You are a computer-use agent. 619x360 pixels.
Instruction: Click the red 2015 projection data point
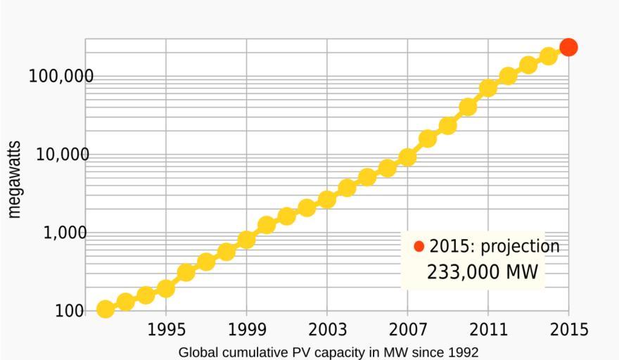click(568, 47)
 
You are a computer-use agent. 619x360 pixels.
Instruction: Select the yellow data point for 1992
click(105, 309)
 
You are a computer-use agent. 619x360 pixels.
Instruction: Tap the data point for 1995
click(165, 288)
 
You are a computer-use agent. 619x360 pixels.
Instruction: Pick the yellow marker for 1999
click(246, 240)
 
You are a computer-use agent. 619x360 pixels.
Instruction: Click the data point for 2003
click(327, 199)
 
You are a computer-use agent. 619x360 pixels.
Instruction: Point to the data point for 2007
click(407, 157)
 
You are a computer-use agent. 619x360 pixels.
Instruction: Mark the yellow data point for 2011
click(488, 88)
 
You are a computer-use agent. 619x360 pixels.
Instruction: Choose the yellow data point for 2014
click(549, 56)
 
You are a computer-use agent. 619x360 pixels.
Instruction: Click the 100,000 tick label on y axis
click(60, 76)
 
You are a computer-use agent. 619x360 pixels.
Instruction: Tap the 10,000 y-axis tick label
click(63, 155)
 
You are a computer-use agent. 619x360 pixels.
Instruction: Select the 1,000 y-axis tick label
click(65, 233)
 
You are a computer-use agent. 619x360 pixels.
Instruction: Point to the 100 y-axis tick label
click(70, 311)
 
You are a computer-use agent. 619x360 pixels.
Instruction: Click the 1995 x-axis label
click(166, 330)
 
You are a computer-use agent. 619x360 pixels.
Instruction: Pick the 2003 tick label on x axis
click(327, 330)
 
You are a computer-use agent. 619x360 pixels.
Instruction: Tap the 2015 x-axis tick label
click(568, 330)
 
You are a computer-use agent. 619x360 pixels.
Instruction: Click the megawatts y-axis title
click(14, 179)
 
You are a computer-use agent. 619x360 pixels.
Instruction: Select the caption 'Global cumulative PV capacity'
click(328, 352)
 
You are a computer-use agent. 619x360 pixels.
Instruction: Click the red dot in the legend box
click(419, 246)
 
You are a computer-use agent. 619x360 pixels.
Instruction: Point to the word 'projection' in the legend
click(520, 247)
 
